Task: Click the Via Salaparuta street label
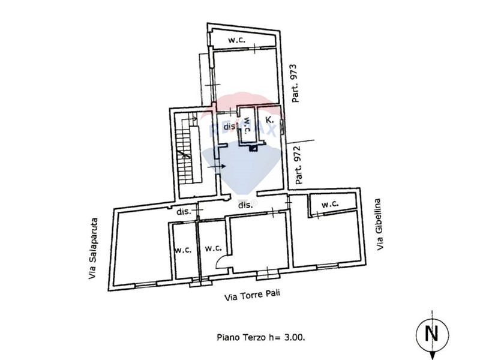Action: [x=93, y=248]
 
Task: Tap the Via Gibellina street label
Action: [x=379, y=224]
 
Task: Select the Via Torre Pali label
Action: [x=253, y=295]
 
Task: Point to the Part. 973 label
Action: [x=295, y=83]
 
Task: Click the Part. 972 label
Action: [x=298, y=165]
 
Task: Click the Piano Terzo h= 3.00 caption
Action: [x=261, y=337]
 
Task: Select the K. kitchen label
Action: [x=269, y=119]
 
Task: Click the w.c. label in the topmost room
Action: [x=236, y=40]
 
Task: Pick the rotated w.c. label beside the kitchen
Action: [x=248, y=125]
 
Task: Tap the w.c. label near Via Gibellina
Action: [x=329, y=204]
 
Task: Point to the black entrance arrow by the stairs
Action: [x=217, y=167]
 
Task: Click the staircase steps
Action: [x=185, y=152]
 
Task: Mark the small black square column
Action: [x=253, y=148]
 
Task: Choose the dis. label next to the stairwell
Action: [x=230, y=127]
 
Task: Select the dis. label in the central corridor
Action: [x=245, y=205]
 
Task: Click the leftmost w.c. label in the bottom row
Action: [x=183, y=250]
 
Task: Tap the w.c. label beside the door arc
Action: [x=214, y=248]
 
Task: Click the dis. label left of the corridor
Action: [x=184, y=211]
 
